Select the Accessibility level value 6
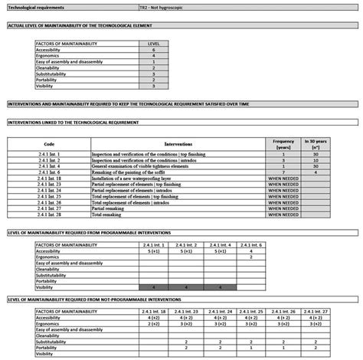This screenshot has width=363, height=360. pos(154,50)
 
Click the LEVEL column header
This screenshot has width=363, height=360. pos(154,44)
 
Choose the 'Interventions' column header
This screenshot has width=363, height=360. pos(178,143)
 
